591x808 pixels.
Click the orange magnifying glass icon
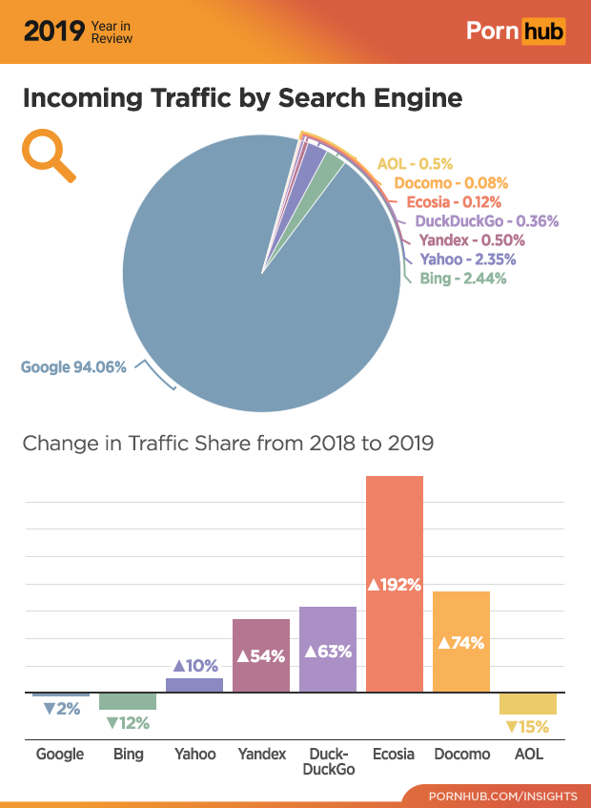coord(48,155)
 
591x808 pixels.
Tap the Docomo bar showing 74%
coord(461,641)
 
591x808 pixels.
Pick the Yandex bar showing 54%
coord(261,655)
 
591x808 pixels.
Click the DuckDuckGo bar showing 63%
coord(328,650)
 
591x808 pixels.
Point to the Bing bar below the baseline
coord(128,701)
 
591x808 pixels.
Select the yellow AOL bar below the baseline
coord(528,704)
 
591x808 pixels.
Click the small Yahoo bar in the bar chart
coord(194,685)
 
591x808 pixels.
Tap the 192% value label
coord(395,584)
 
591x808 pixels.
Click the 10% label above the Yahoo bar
coord(195,665)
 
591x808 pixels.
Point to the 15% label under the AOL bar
coord(527,727)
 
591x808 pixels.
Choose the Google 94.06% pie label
coord(73,366)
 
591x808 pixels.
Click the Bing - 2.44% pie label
coord(463,279)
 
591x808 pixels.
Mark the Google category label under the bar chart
coord(60,754)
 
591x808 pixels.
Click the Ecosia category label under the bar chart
coord(394,754)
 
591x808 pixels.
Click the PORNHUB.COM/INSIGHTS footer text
coord(502,796)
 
